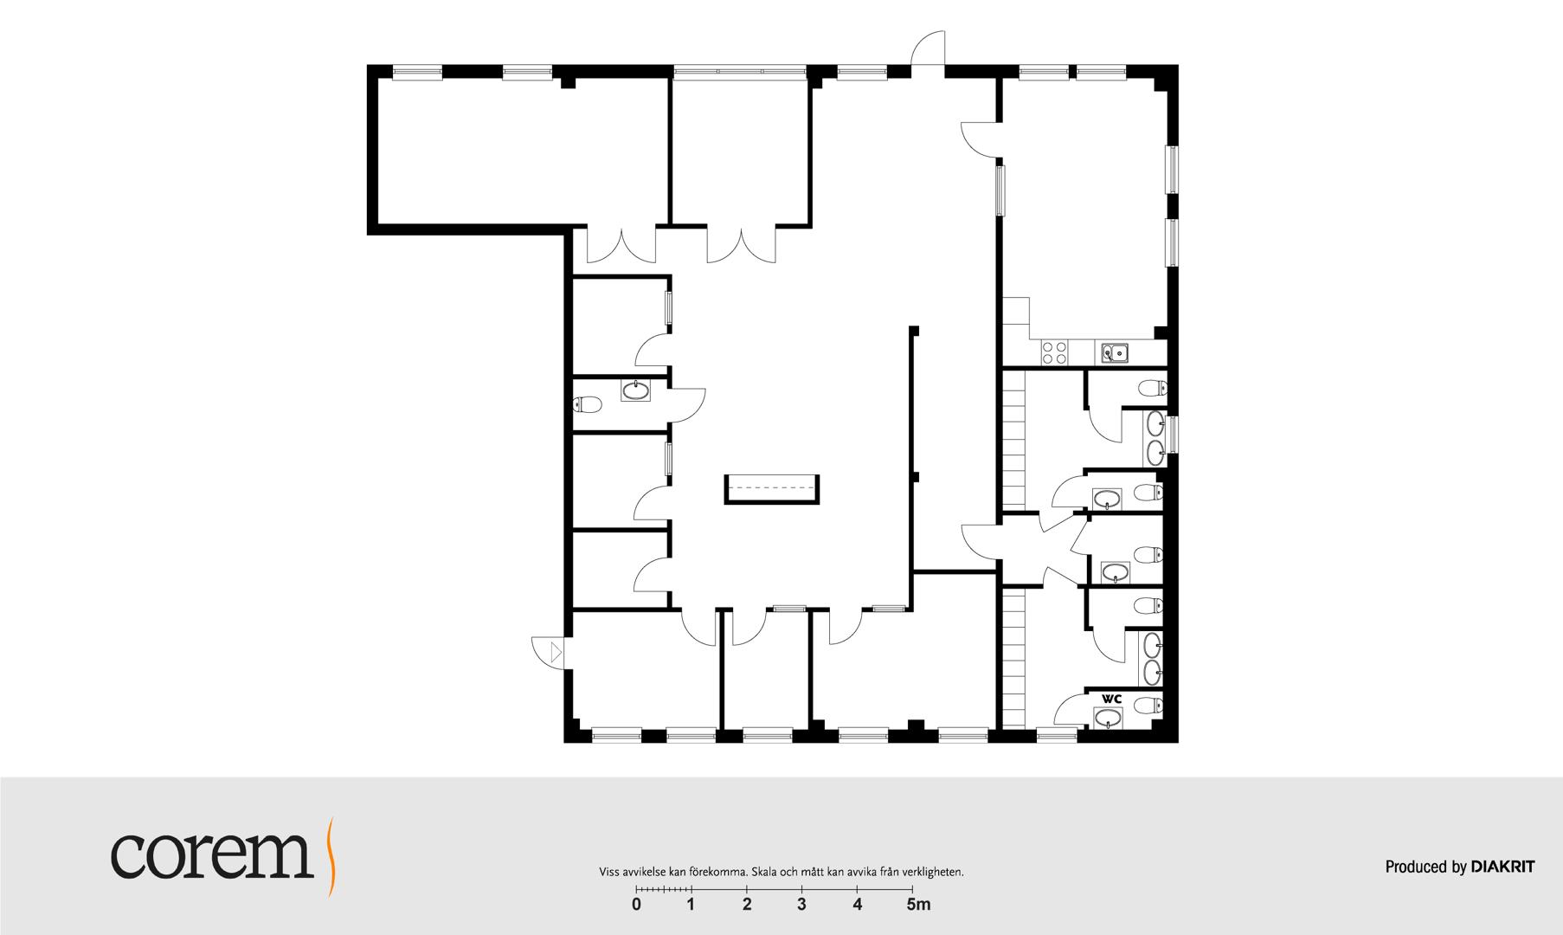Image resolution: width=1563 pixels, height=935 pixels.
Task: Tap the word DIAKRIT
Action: tap(1502, 867)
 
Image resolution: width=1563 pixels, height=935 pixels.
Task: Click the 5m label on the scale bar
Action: tap(918, 906)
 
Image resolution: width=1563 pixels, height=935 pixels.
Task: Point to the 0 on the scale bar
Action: tap(636, 906)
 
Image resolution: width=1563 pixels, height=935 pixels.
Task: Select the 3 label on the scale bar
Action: tap(802, 906)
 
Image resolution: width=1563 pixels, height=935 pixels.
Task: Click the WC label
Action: tap(1111, 699)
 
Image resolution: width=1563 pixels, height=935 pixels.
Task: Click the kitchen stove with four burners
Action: tap(1055, 351)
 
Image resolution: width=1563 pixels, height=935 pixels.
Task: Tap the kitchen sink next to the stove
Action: tap(1114, 352)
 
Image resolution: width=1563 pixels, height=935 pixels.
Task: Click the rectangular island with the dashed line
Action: tap(772, 489)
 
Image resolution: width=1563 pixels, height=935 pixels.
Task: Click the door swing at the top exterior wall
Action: tap(928, 47)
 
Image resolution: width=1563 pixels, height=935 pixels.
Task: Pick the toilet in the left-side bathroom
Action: tap(588, 404)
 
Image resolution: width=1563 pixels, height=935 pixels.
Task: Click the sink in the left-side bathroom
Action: tap(637, 390)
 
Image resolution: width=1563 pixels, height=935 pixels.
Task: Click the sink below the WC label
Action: tap(1108, 718)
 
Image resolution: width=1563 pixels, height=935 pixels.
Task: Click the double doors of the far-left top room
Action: tap(621, 245)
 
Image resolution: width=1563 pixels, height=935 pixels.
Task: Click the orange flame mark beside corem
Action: tap(331, 855)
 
